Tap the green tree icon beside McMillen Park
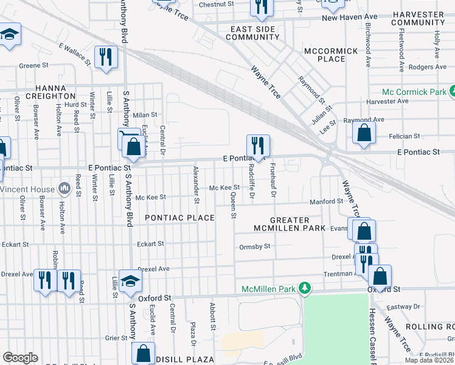pyautogui.click(x=307, y=288)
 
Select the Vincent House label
pyautogui.click(x=27, y=189)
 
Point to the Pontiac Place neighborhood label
pyautogui.click(x=179, y=218)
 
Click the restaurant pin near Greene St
pyautogui.click(x=106, y=57)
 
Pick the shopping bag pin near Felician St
pyautogui.click(x=364, y=133)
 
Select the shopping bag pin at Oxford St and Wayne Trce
pyautogui.click(x=380, y=276)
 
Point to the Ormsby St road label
pyautogui.click(x=254, y=246)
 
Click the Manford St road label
pyautogui.click(x=327, y=201)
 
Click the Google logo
pyautogui.click(x=20, y=358)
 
